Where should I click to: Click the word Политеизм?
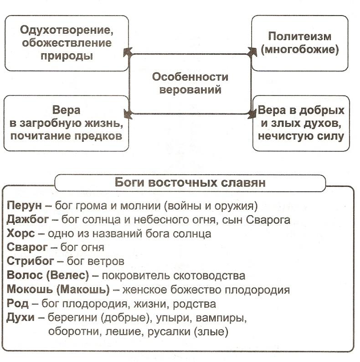(x=299, y=36)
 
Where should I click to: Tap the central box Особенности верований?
(x=190, y=84)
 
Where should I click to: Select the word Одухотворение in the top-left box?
(x=67, y=30)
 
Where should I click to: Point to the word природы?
(x=67, y=56)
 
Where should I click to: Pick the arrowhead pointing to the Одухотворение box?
(x=128, y=52)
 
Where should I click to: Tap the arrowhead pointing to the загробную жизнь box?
(x=128, y=114)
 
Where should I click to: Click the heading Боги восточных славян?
(x=190, y=182)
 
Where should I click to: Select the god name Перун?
(x=24, y=206)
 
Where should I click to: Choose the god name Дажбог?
(x=28, y=220)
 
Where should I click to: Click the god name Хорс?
(x=21, y=233)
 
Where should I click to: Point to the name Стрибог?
(x=30, y=261)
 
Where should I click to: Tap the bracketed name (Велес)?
(x=67, y=275)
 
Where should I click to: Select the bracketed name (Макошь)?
(x=83, y=290)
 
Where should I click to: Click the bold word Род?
(x=17, y=303)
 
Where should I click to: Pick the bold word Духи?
(x=21, y=318)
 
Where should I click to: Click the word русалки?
(x=169, y=332)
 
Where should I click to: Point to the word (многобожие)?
(x=299, y=49)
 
